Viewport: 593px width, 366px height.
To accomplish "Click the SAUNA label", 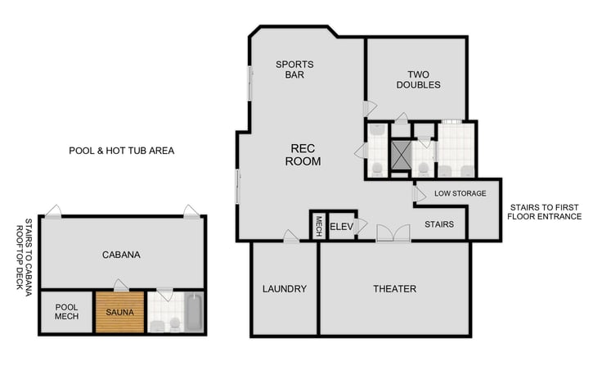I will pos(119,312).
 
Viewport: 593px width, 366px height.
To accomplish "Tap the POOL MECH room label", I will pos(66,312).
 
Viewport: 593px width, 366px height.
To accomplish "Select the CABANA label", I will pos(121,255).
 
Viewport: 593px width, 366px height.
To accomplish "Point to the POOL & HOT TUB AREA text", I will pos(121,151).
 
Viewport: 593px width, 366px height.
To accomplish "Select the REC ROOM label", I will pos(303,155).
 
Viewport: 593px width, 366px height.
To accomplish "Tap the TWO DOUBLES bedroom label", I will pos(417,79).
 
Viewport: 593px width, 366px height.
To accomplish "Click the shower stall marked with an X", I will pos(401,154).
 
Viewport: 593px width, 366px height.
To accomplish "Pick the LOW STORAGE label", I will pos(460,193).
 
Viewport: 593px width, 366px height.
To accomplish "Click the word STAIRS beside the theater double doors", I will pos(439,224).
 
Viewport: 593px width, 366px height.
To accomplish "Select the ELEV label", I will pos(340,227).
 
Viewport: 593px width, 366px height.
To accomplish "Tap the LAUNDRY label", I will pos(284,289).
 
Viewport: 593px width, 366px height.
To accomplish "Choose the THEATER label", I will pos(394,289).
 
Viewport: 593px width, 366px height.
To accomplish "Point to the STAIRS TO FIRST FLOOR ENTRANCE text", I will pos(544,212).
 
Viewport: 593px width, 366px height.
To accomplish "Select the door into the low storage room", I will pos(419,194).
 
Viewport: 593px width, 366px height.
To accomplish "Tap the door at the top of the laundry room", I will pos(290,237).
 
